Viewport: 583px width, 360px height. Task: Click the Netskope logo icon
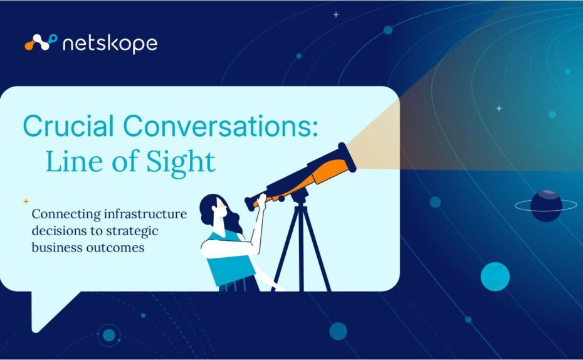[41, 42]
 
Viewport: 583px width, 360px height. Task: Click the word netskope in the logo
[110, 45]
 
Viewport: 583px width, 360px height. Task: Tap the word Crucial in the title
[68, 125]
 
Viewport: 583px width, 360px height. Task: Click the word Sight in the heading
[181, 162]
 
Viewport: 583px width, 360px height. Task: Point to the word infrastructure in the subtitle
[145, 214]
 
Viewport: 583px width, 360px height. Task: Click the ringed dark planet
[546, 206]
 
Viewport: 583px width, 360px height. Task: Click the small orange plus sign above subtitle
[26, 201]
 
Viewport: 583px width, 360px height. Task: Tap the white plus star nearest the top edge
[336, 14]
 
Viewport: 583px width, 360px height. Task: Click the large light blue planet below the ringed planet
[495, 277]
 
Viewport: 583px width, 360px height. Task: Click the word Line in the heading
[73, 161]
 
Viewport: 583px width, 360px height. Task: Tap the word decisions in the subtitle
[59, 231]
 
